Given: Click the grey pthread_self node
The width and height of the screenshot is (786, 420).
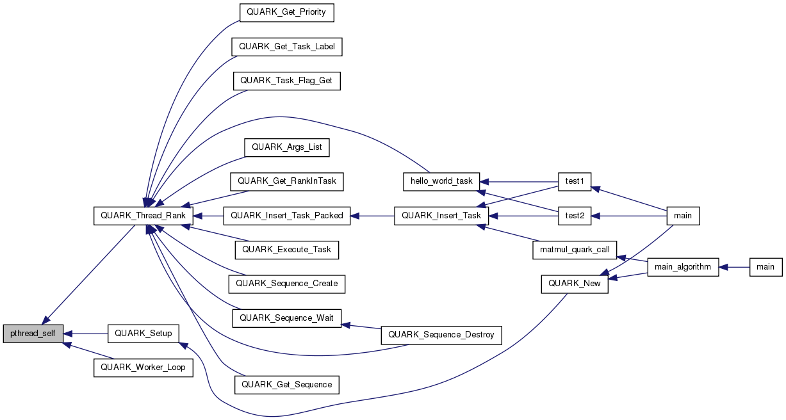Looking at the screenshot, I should (33, 334).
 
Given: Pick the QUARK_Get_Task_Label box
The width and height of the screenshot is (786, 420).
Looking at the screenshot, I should (287, 46).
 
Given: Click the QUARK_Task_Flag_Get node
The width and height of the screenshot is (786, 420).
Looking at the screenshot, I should (287, 81).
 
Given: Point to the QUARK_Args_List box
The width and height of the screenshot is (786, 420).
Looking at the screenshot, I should (286, 147).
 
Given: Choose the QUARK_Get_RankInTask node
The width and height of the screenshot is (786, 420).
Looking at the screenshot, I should (287, 181).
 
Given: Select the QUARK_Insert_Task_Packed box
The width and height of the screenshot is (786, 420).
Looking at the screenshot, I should (286, 216).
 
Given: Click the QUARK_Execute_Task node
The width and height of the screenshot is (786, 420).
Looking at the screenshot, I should (286, 249).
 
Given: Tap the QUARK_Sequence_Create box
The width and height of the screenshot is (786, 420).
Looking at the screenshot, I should (286, 283).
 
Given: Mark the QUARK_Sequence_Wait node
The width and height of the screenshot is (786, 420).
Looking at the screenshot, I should (286, 318).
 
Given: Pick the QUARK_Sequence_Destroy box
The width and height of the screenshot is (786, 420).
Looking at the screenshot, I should (441, 334).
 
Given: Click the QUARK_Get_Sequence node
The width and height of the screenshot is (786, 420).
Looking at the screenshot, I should (286, 384).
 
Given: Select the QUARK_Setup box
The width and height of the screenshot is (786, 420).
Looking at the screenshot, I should (143, 334).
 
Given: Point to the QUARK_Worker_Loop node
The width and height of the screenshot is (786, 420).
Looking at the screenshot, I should (143, 367).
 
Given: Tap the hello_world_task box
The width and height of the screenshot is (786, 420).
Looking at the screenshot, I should (441, 181).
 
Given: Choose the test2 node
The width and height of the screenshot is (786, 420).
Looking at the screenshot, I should (574, 216).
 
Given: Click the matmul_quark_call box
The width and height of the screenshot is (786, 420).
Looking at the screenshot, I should (574, 249).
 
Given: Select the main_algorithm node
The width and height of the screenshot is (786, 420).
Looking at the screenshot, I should (683, 267).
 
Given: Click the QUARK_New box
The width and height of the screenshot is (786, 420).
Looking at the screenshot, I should (574, 284).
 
